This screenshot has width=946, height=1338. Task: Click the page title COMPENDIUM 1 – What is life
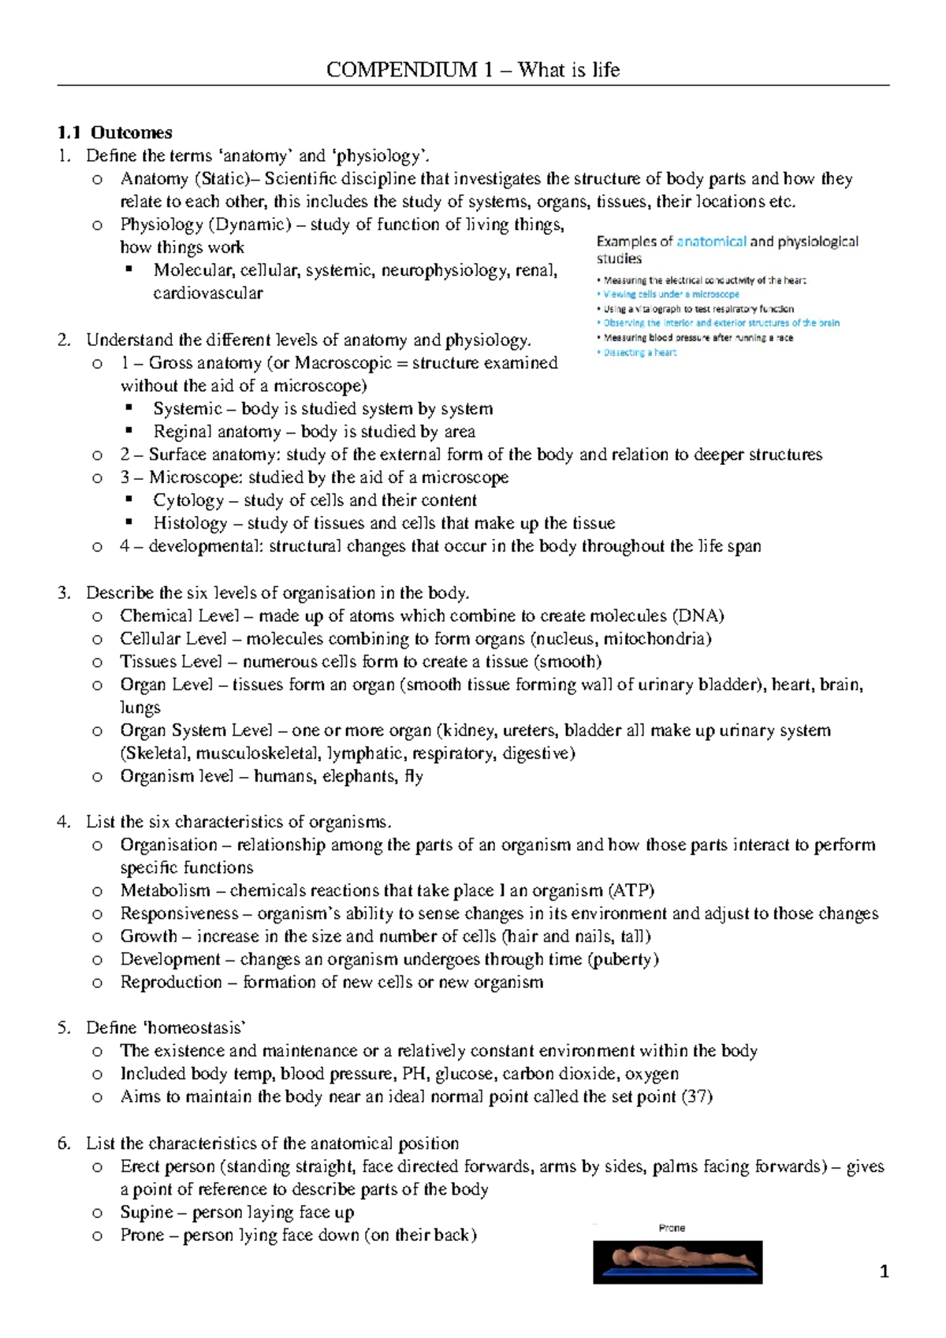pos(473,70)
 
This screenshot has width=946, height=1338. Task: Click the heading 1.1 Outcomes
pos(114,132)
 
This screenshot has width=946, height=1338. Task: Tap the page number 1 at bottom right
pos(885,1271)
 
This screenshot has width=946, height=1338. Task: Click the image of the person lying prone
pos(677,1262)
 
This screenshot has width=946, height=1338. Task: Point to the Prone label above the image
pos(672,1228)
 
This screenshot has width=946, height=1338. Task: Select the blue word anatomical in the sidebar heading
pos(711,242)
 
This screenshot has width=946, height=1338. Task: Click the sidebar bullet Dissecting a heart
pos(639,353)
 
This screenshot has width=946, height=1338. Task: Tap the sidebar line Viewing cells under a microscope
pos(671,294)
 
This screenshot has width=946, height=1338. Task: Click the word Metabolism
pos(165,890)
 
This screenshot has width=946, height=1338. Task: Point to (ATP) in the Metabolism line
pos(631,890)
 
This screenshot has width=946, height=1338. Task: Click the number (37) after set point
pos(697,1097)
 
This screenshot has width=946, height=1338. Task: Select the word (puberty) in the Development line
pos(623,959)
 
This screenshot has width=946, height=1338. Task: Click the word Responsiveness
pos(179,913)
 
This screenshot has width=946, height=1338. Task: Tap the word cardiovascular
pos(207,293)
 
